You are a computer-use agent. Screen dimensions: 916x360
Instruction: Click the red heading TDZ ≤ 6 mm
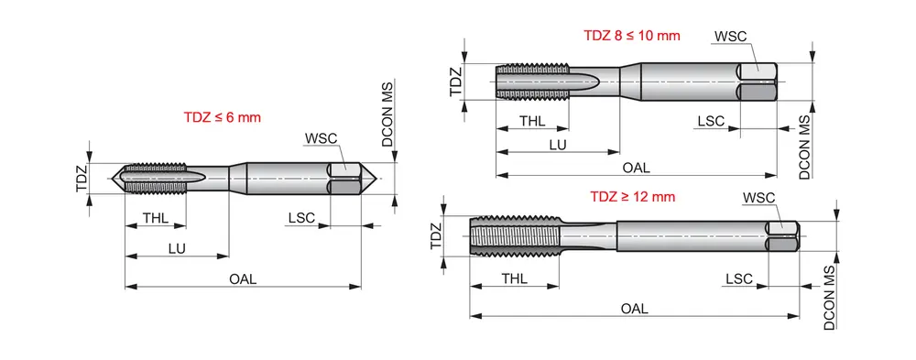(222, 117)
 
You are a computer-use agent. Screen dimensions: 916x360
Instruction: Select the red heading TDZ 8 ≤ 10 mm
(632, 35)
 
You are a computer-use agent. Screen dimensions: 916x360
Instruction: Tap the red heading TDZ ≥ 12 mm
(633, 196)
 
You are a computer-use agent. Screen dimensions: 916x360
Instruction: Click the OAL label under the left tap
(243, 278)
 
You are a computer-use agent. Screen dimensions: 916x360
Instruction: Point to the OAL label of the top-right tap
(637, 168)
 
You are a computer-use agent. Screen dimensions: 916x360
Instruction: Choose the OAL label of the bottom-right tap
(635, 309)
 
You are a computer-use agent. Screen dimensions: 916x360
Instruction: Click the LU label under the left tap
(177, 248)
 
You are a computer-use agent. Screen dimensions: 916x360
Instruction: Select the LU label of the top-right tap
(558, 145)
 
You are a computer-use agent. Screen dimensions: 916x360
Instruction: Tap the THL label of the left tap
(156, 218)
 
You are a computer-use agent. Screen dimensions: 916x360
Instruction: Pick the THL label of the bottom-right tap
(514, 278)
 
